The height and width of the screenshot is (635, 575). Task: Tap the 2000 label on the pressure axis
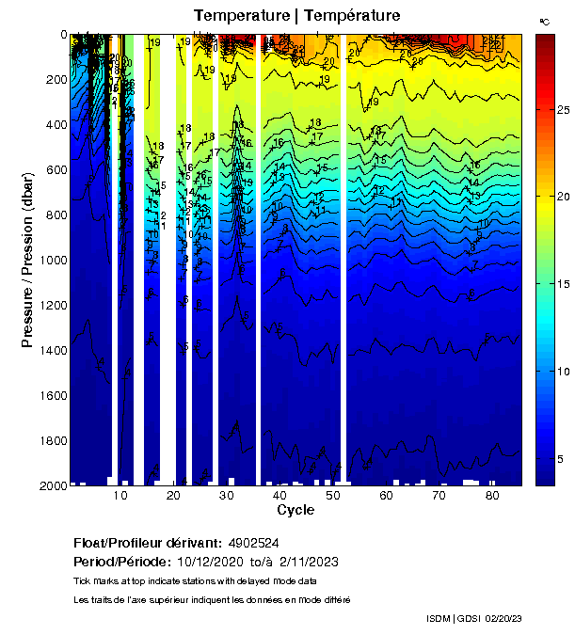47,485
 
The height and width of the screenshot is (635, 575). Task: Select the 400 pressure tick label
51,124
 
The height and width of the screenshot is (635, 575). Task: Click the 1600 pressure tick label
47,395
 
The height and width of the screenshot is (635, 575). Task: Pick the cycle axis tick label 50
332,496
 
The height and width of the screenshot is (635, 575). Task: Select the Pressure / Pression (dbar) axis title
27,261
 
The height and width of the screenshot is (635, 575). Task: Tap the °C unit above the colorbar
544,21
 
